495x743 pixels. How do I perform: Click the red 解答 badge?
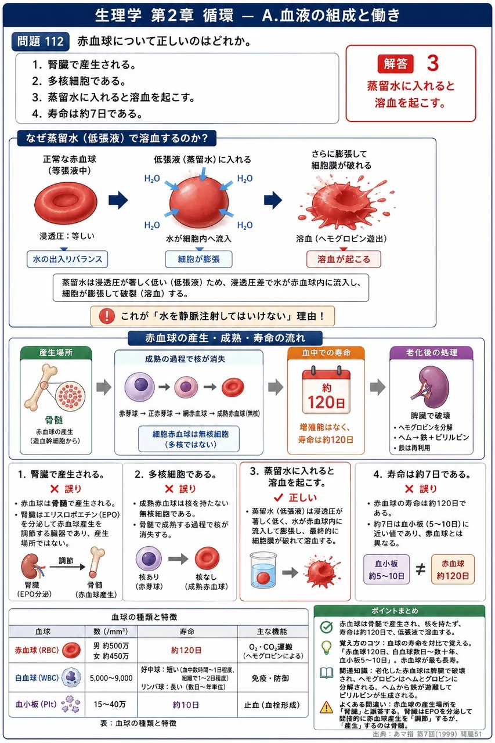tap(395, 63)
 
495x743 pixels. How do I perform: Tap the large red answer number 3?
tap(433, 63)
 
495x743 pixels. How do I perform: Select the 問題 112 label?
tap(41, 41)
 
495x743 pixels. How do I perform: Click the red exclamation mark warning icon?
tap(107, 316)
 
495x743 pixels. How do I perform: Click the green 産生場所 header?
tap(56, 352)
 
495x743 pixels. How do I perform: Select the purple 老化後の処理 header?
tap(431, 352)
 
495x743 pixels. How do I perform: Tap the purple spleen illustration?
tap(431, 387)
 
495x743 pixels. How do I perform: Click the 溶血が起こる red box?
tap(344, 259)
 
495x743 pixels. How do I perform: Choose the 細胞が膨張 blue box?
tap(198, 259)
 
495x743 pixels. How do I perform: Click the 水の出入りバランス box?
tap(67, 259)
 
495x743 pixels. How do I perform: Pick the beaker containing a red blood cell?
tap(263, 570)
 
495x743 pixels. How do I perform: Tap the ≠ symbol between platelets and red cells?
tap(420, 569)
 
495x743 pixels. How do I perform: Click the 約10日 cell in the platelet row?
tap(187, 705)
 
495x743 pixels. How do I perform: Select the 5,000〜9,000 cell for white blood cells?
tap(111, 678)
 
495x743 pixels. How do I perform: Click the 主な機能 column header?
tap(273, 631)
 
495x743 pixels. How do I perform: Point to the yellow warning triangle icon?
tap(327, 707)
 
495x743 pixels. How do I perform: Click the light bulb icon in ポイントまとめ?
tap(327, 647)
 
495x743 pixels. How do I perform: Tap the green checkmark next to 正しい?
tap(278, 497)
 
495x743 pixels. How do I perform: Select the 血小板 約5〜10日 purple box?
tap(386, 569)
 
